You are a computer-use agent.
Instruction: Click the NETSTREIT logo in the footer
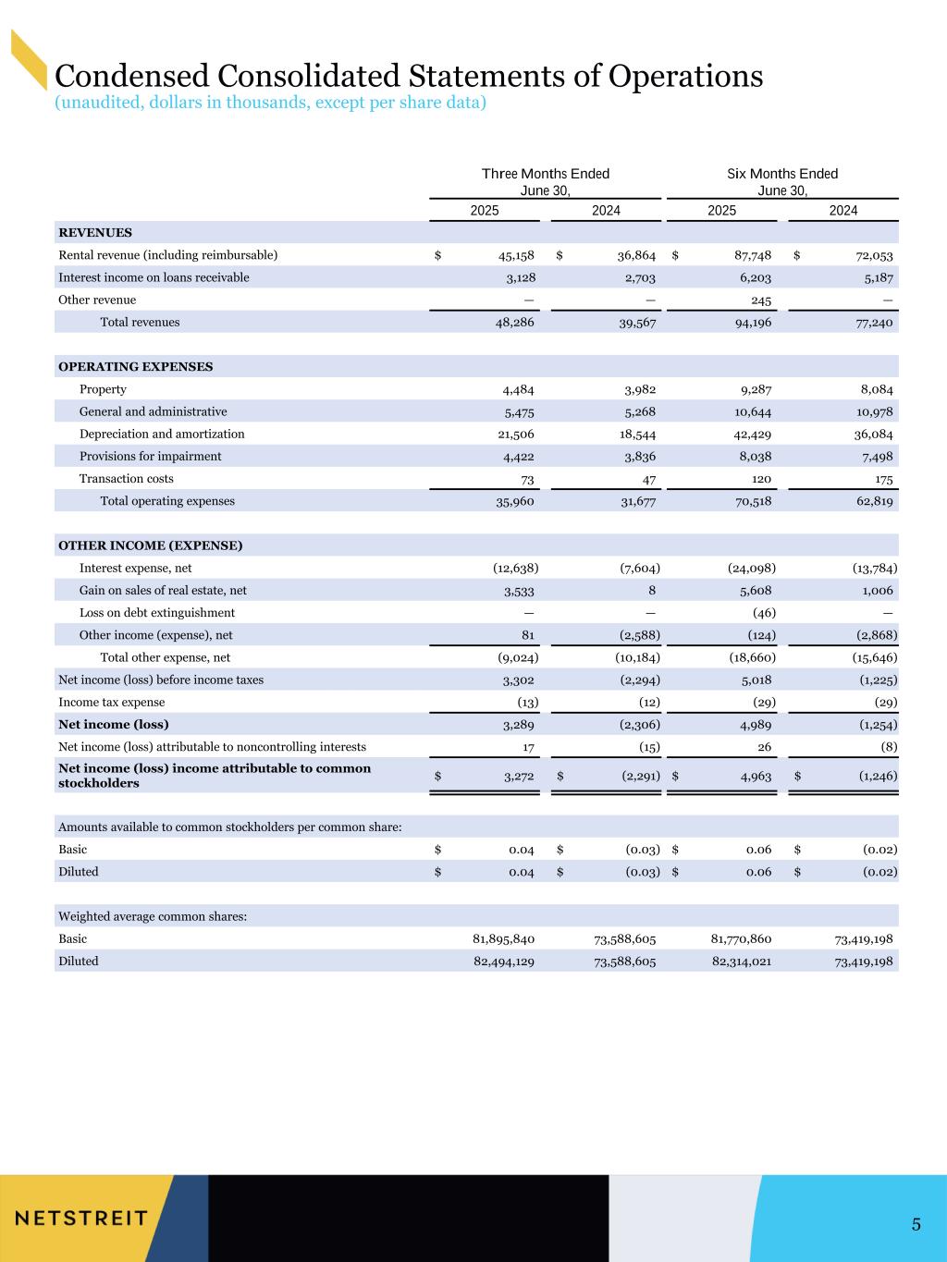(81, 1217)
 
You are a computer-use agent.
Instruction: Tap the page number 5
(916, 1225)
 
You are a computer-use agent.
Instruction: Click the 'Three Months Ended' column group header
(546, 174)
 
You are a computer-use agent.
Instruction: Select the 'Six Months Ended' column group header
(782, 174)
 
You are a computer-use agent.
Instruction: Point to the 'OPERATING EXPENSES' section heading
(135, 367)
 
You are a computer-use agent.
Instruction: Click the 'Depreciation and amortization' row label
(162, 434)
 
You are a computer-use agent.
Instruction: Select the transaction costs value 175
(882, 479)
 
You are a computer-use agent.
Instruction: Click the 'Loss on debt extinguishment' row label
(157, 613)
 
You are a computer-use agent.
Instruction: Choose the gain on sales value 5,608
(753, 591)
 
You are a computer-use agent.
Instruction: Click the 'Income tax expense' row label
(112, 703)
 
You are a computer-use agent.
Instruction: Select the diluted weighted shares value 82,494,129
(503, 962)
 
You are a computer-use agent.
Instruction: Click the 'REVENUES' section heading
(95, 233)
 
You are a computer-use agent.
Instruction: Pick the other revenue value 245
(761, 300)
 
